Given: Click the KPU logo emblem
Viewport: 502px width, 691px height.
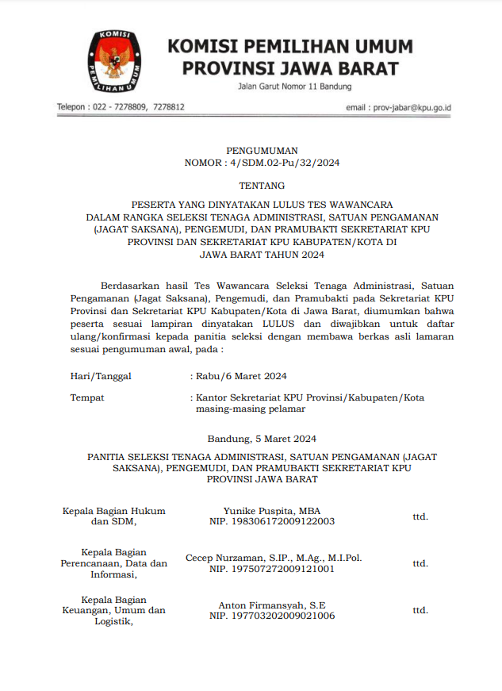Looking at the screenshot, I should coord(116,62).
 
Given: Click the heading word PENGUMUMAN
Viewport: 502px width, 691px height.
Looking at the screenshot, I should coord(262,150).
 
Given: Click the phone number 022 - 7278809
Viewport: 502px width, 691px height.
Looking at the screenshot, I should coord(120,106).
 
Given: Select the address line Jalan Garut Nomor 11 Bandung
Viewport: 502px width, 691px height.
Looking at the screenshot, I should coord(294,86).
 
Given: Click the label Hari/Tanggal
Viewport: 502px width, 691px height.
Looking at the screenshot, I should coord(101,375).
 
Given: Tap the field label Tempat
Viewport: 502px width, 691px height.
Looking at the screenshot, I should coord(87,397).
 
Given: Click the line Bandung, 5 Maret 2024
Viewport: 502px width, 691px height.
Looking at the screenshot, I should coord(262,438).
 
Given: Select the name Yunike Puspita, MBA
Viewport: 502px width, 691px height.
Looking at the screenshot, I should coord(272,511).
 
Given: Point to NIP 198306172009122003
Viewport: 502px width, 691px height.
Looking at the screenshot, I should coord(272,522).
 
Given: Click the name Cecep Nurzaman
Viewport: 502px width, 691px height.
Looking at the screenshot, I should coord(223,558).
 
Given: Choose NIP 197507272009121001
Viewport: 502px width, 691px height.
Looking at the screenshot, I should coord(272,569).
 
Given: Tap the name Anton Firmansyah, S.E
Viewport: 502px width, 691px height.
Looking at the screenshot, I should coord(272,605).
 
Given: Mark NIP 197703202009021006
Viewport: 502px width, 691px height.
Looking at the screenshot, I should coord(272,616).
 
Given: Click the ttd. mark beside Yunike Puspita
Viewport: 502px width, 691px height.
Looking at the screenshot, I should coord(420,516).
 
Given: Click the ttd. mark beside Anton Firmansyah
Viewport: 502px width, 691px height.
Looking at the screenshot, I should coord(420,610).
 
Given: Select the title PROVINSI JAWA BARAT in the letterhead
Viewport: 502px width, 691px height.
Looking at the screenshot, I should coord(290,68).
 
